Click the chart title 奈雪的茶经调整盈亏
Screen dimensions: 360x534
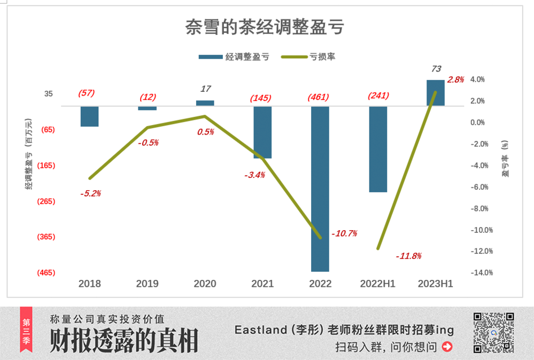[264, 27]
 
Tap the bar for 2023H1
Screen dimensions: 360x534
[436, 93]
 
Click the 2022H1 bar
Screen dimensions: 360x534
[378, 149]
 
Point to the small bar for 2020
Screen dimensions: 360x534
[205, 103]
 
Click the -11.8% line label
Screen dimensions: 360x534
[408, 256]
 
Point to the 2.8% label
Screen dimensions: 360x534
[455, 80]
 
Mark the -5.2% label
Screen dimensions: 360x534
[90, 193]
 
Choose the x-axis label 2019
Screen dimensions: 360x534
[147, 284]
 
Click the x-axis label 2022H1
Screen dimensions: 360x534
[378, 284]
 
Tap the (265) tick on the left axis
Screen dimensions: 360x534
[46, 201]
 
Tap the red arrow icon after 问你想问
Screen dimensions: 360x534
[447, 347]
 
